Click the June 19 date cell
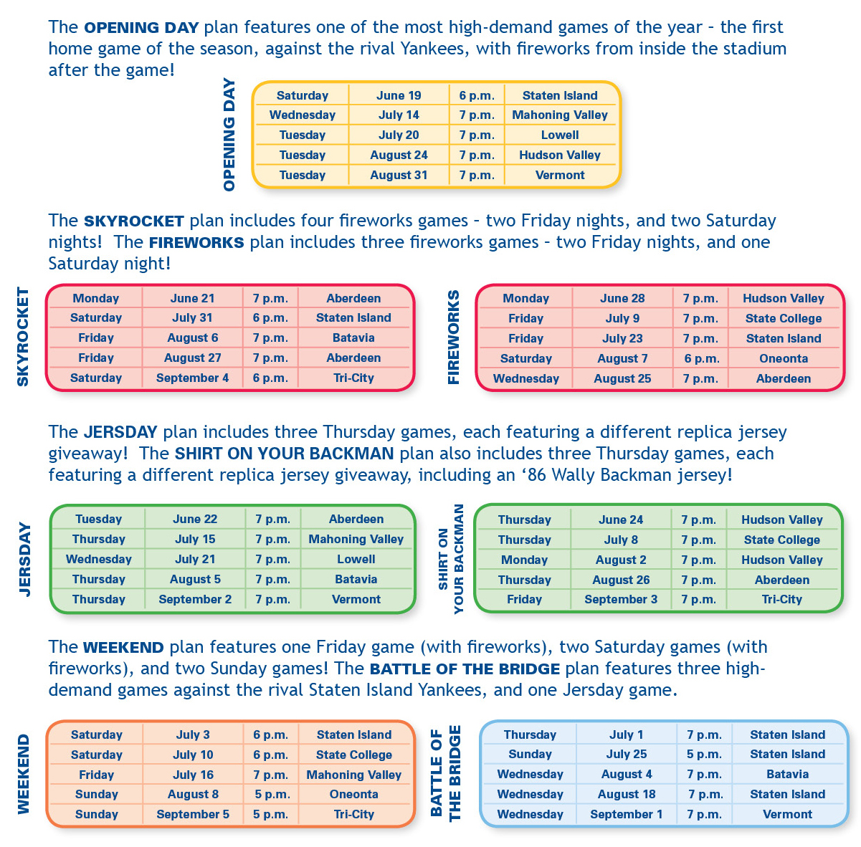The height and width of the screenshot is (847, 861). tap(399, 95)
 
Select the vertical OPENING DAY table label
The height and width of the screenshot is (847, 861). tap(229, 135)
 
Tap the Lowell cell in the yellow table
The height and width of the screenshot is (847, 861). tap(559, 135)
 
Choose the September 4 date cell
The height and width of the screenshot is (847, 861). tap(192, 378)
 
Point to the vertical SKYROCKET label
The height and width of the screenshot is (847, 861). tap(23, 336)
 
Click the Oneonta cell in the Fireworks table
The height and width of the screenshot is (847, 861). tap(784, 358)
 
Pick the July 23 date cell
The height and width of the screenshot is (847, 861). tap(622, 338)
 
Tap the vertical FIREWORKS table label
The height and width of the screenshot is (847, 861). tap(454, 338)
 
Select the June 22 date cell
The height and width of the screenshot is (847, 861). tap(195, 519)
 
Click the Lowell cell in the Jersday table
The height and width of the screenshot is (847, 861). tap(356, 559)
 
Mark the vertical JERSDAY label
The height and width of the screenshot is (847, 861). tap(25, 560)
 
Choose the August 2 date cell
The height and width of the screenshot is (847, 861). tap(621, 560)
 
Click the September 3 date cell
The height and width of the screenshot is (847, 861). tap(621, 599)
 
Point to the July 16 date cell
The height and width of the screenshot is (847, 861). tap(193, 775)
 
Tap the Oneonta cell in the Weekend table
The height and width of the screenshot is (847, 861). tap(353, 794)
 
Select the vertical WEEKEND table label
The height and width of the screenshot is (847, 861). tap(23, 774)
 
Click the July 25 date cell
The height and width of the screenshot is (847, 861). tap(626, 754)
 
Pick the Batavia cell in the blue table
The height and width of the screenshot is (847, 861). tap(787, 774)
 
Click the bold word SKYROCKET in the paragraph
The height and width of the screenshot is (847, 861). tap(134, 221)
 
